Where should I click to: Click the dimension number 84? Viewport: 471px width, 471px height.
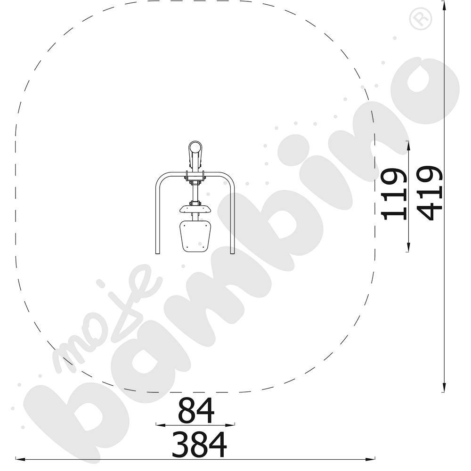pyautogui.click(x=196, y=410)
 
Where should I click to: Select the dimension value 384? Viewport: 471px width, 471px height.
pyautogui.click(x=199, y=444)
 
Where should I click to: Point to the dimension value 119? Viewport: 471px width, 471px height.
pyautogui.click(x=394, y=194)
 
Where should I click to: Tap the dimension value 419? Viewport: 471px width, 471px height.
pyautogui.click(x=430, y=193)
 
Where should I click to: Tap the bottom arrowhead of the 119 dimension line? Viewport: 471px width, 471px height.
pyautogui.click(x=408, y=247)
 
